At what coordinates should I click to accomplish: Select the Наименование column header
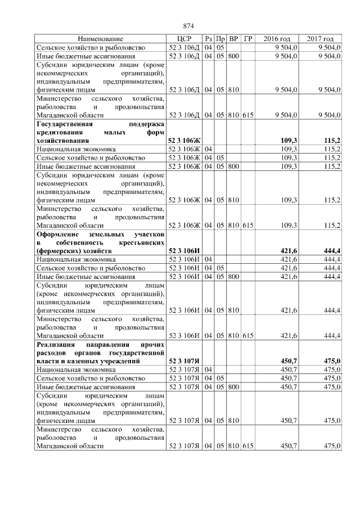point(100,39)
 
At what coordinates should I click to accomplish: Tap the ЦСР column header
point(184,39)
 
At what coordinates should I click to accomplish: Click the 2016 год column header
point(277,39)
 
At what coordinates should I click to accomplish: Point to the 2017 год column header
point(321,39)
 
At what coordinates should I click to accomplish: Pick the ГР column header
point(248,39)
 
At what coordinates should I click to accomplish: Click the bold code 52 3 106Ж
point(184,139)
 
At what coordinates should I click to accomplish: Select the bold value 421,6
point(288,250)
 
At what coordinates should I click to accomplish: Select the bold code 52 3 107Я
point(184,360)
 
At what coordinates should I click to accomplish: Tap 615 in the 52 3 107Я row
point(248,446)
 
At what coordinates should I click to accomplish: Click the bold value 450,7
point(288,360)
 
